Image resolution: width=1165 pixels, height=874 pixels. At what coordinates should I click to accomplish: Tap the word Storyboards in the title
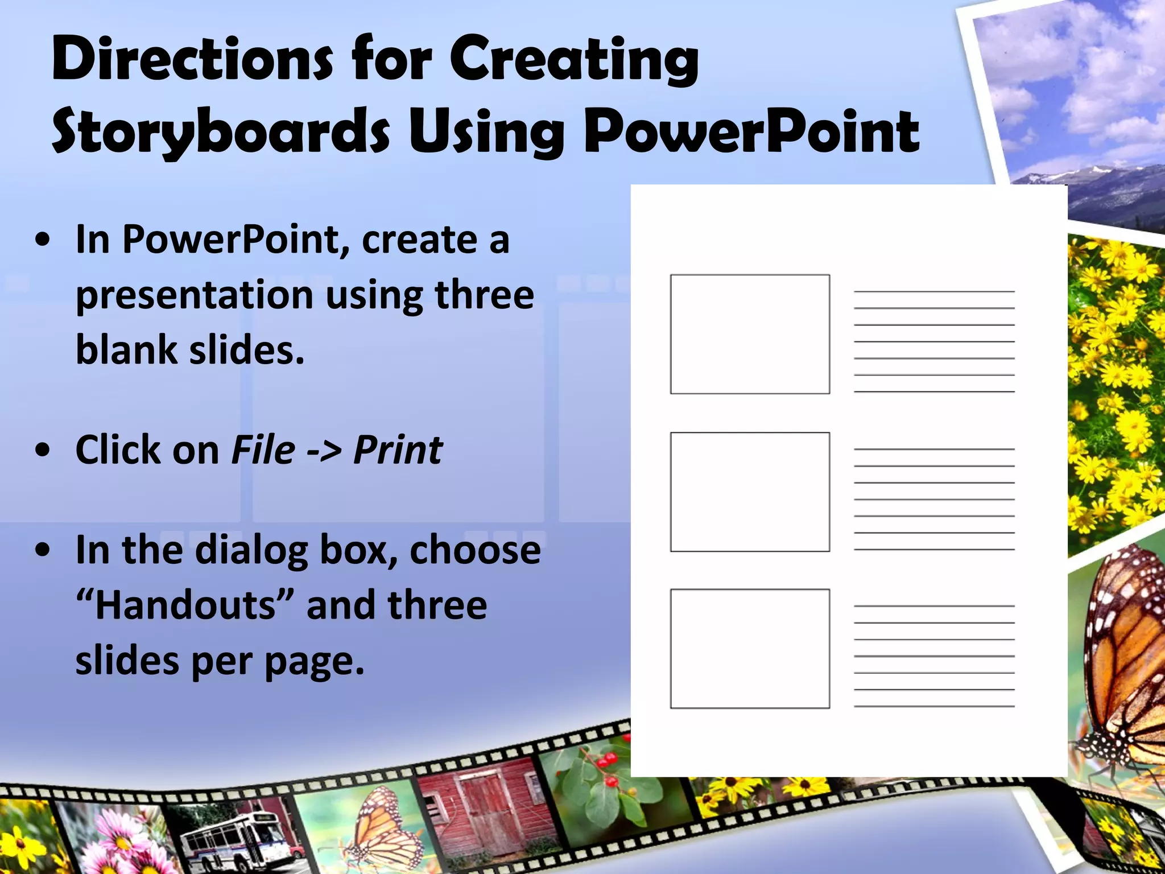pyautogui.click(x=221, y=132)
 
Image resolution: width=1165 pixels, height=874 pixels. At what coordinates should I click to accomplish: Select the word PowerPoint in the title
pyautogui.click(x=751, y=132)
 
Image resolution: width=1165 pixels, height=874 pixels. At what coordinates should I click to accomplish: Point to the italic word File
pyautogui.click(x=263, y=450)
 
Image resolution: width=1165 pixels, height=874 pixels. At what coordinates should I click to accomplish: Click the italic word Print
pyautogui.click(x=398, y=450)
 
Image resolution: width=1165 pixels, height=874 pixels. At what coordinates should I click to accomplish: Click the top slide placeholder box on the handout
pyautogui.click(x=750, y=335)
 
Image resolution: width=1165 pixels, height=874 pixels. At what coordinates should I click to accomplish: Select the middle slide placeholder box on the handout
pyautogui.click(x=750, y=492)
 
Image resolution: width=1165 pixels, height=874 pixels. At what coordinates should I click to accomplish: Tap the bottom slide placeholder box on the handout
pyautogui.click(x=750, y=649)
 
